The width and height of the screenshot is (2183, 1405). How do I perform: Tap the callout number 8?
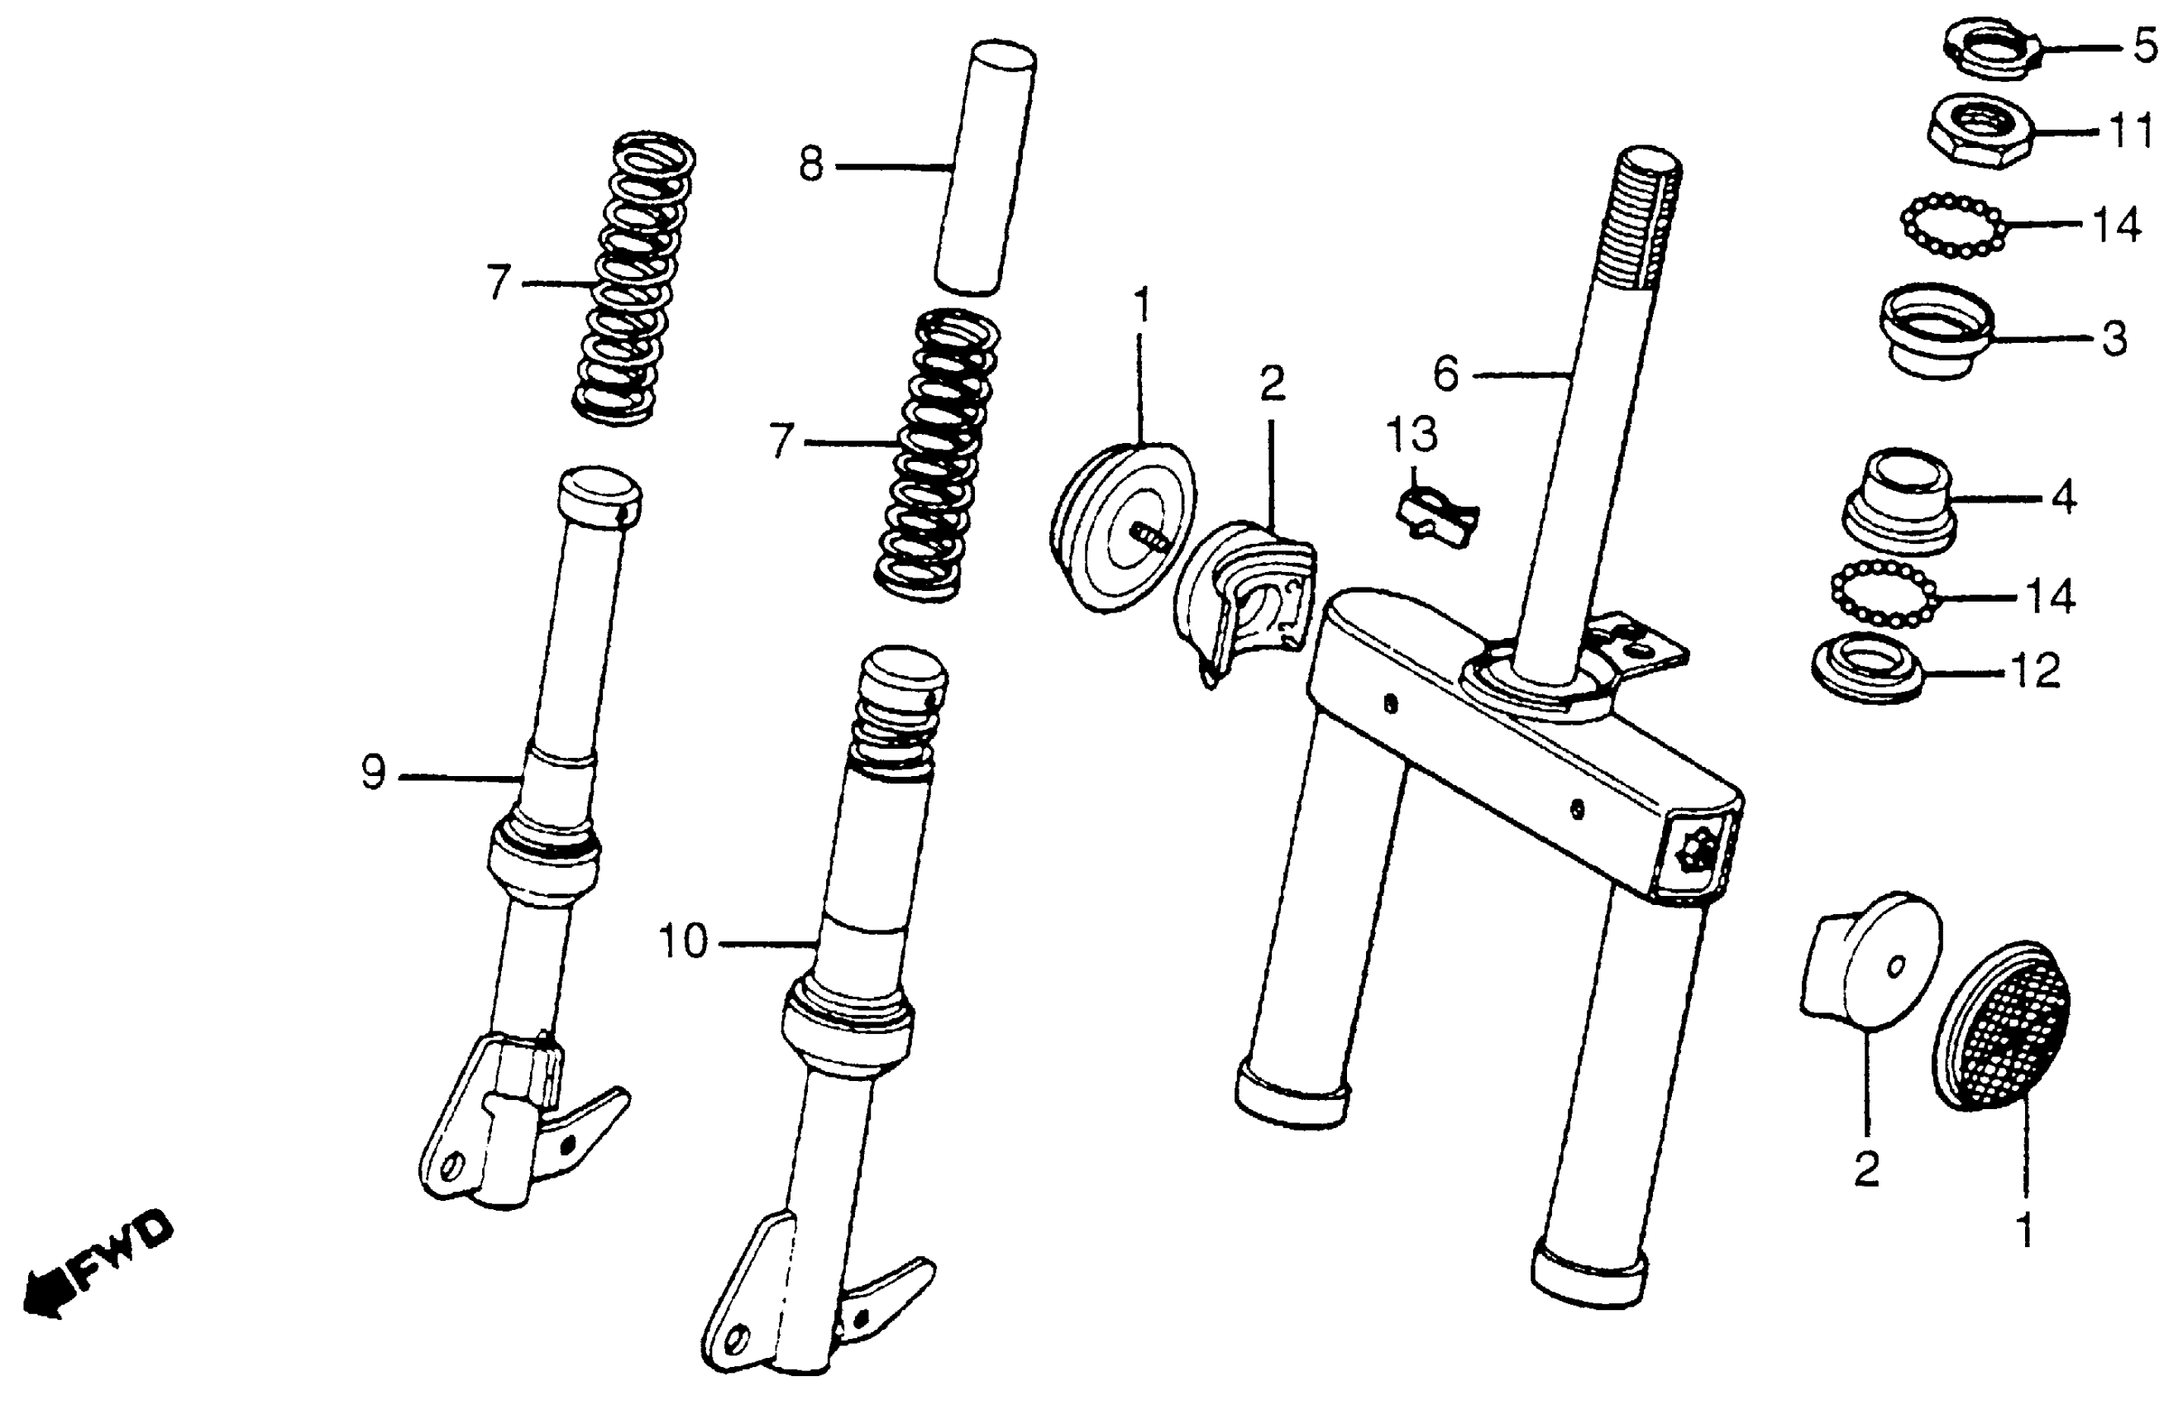[x=810, y=166]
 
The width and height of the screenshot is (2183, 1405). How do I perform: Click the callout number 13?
[x=1412, y=436]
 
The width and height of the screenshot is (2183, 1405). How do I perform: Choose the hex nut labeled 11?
[x=1980, y=133]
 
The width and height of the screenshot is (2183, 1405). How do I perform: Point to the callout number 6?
[x=1445, y=374]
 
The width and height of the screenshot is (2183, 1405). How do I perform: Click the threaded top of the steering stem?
[x=1643, y=219]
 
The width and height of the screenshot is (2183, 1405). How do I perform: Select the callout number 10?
[x=683, y=941]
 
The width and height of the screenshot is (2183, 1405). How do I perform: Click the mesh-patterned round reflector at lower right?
[x=2000, y=1026]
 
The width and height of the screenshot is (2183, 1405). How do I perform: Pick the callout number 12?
[x=2036, y=673]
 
